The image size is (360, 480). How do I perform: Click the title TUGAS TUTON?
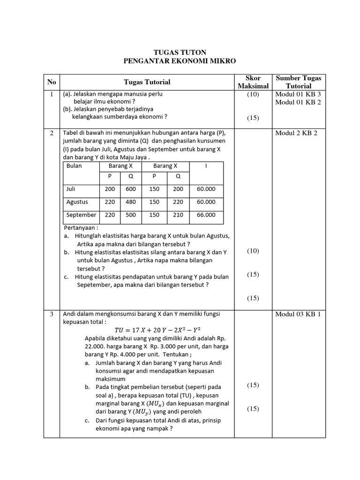click(x=180, y=52)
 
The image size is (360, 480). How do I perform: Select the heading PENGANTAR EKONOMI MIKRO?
click(x=180, y=61)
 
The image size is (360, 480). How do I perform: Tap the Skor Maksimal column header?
click(x=253, y=82)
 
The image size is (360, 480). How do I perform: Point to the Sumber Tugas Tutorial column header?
click(x=299, y=82)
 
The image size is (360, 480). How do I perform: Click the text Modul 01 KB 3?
click(x=298, y=94)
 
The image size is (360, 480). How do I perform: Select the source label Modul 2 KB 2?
click(x=296, y=133)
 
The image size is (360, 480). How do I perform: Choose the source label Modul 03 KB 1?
click(x=298, y=314)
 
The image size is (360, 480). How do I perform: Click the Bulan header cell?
click(x=74, y=166)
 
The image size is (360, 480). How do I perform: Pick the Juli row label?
click(x=71, y=189)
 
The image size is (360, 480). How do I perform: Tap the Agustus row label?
click(x=77, y=202)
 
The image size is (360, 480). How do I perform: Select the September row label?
click(x=81, y=215)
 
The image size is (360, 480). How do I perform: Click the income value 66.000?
click(x=206, y=215)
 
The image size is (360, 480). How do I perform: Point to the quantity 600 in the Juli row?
click(x=131, y=189)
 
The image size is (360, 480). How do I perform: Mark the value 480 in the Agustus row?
click(x=131, y=202)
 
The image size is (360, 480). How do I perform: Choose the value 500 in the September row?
click(x=131, y=215)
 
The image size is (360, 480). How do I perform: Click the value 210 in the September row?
click(x=178, y=215)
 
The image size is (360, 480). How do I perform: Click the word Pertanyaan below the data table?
click(x=81, y=228)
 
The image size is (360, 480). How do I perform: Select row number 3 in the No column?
click(x=52, y=314)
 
